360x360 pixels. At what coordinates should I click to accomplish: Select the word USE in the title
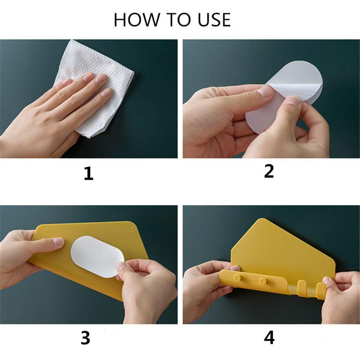(x=214, y=20)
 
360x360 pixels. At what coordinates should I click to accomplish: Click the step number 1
(x=89, y=174)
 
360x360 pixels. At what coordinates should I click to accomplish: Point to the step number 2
(x=269, y=171)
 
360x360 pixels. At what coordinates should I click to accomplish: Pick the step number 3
(x=85, y=338)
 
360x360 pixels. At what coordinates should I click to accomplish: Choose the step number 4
(x=269, y=338)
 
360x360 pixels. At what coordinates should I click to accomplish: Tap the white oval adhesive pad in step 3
(x=96, y=257)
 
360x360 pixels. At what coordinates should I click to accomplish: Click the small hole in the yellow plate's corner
(x=132, y=228)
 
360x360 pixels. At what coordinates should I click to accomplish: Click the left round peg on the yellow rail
(x=237, y=278)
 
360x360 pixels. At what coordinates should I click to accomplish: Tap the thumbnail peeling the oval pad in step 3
(x=121, y=266)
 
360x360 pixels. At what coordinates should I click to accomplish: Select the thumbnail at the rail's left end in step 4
(x=235, y=268)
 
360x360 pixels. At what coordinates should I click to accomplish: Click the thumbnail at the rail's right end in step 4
(x=326, y=280)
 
